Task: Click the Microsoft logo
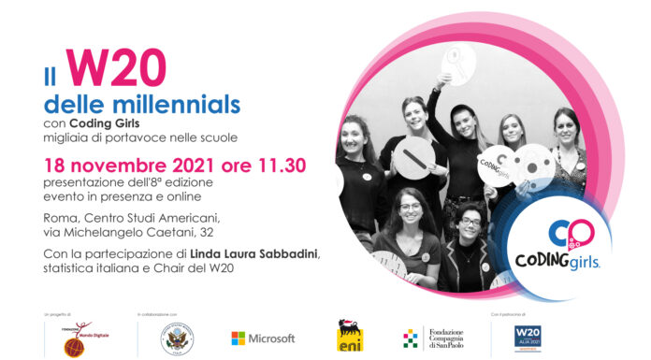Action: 263,338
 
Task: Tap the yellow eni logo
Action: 350,337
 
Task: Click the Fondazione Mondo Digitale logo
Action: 79,338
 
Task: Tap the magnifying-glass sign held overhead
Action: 459,68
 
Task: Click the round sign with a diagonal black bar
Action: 413,154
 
